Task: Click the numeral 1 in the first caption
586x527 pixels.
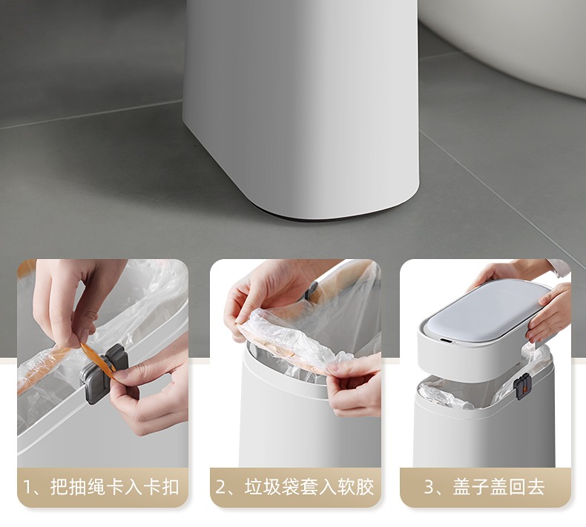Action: [27, 487]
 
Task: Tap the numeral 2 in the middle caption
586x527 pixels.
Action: [220, 487]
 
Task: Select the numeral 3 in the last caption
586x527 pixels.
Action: [429, 487]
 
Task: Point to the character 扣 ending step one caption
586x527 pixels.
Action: [170, 487]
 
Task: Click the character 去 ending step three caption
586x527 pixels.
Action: [535, 487]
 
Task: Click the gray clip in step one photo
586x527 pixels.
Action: [105, 373]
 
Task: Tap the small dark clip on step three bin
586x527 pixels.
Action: [522, 386]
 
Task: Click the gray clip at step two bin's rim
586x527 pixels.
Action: [311, 290]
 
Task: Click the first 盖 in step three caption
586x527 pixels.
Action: [461, 487]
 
